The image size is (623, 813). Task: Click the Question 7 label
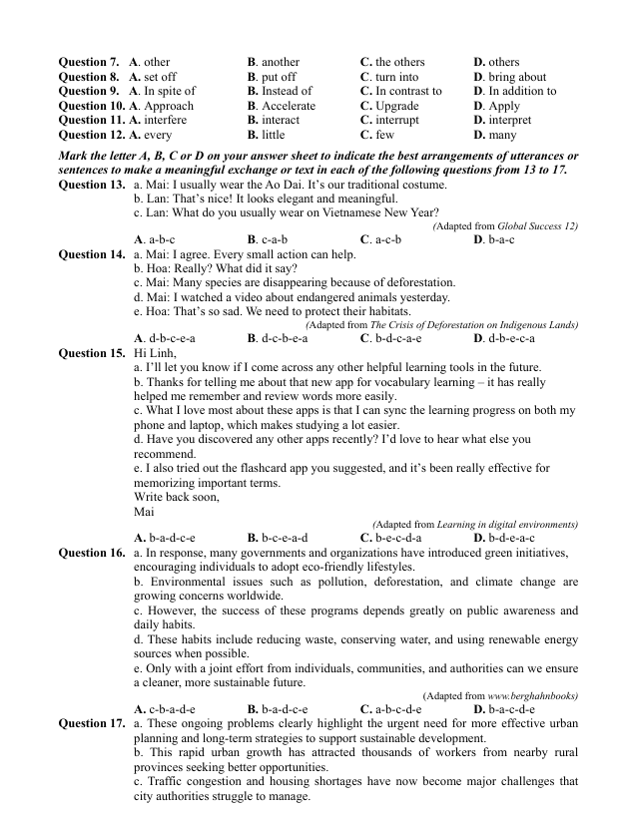coord(90,62)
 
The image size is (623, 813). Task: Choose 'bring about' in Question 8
coord(515,77)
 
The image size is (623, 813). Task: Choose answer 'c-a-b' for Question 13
coord(274,240)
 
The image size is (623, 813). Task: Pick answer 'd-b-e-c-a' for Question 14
coord(512,338)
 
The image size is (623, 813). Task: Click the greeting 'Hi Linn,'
coord(151,353)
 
